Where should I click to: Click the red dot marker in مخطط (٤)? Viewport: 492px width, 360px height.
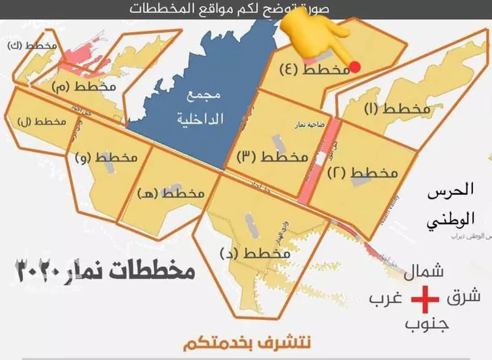point(354,66)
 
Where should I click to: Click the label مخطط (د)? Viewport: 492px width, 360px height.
point(257,252)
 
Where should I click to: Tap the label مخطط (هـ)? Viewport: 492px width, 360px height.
point(170,193)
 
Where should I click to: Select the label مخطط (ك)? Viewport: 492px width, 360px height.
point(31,47)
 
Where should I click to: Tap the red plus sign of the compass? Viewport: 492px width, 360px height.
point(424,301)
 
